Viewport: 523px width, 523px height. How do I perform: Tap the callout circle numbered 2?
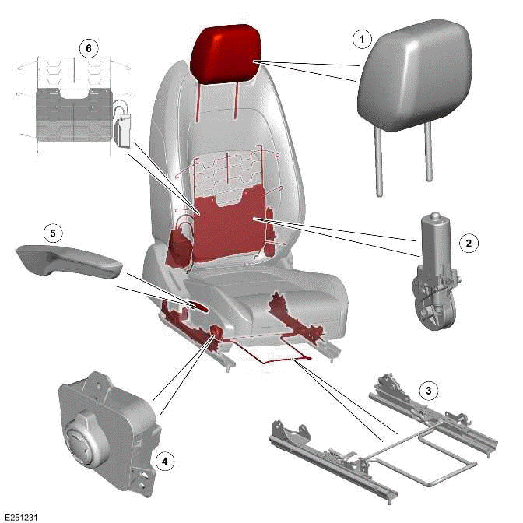(x=468, y=244)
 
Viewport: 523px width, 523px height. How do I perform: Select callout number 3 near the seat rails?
(x=426, y=388)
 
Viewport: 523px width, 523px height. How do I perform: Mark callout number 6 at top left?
(x=88, y=48)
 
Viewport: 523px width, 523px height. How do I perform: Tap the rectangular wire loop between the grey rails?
(x=424, y=449)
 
